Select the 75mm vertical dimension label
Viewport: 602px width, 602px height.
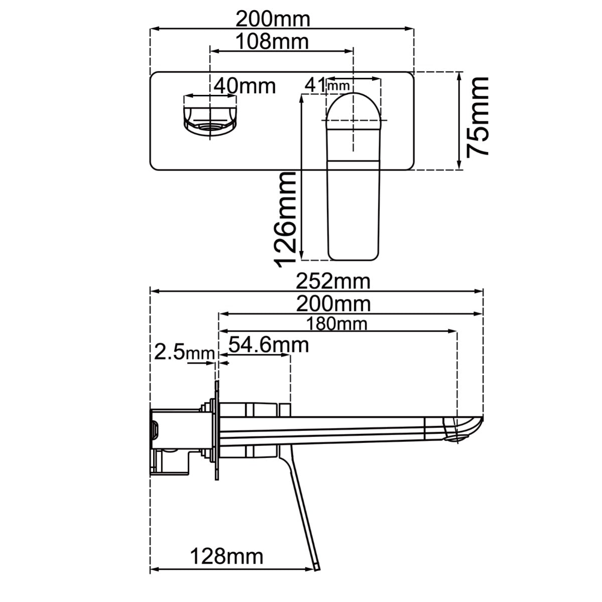477,116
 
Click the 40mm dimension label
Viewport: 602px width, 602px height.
244,86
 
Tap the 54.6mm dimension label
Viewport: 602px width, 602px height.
268,345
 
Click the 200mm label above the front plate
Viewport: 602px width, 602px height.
273,20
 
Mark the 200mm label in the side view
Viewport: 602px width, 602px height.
333,304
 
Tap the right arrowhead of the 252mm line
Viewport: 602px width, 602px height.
481,290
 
